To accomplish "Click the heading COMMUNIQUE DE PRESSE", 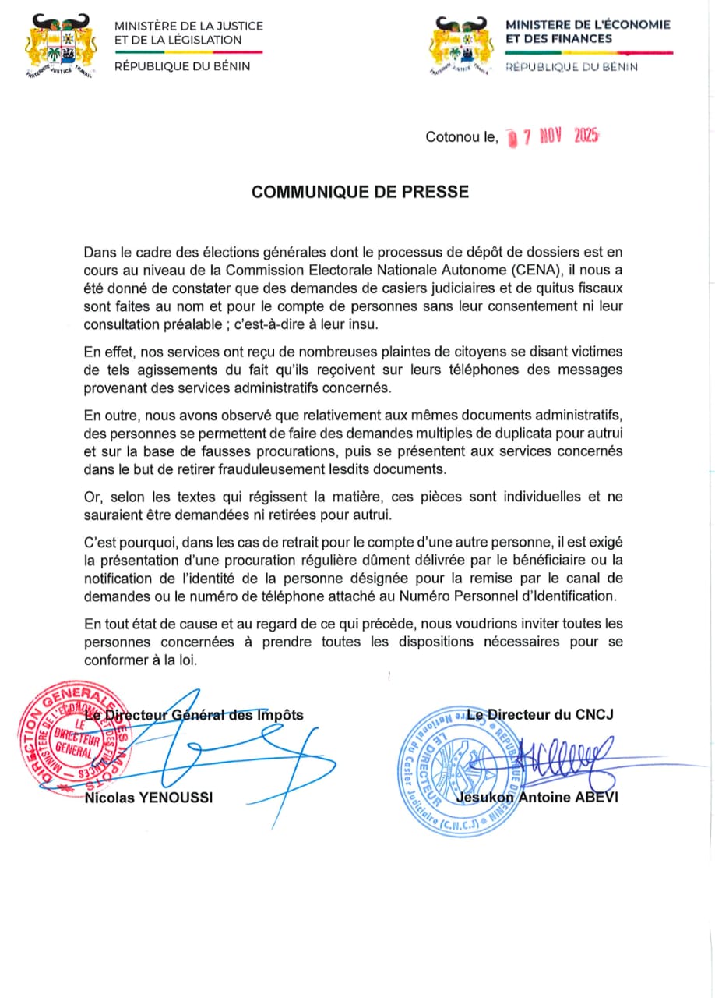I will [x=360, y=192].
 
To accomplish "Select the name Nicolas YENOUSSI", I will [x=149, y=797].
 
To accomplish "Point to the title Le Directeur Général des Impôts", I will [x=195, y=714].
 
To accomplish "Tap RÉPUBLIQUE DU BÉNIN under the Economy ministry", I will [x=572, y=67].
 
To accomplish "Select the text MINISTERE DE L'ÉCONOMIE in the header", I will [x=588, y=25].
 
